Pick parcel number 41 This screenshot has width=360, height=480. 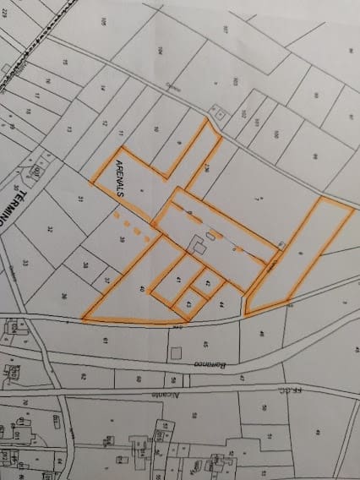tap(179, 281)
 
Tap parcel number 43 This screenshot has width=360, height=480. tap(189, 302)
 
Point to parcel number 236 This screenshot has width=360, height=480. tap(206, 166)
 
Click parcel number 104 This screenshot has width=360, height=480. tap(159, 51)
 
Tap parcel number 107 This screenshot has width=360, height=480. tap(226, 30)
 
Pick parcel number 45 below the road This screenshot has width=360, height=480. tap(205, 344)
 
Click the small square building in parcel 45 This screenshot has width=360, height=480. tap(176, 352)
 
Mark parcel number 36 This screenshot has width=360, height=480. tap(64, 295)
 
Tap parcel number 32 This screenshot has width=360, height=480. tap(50, 229)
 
